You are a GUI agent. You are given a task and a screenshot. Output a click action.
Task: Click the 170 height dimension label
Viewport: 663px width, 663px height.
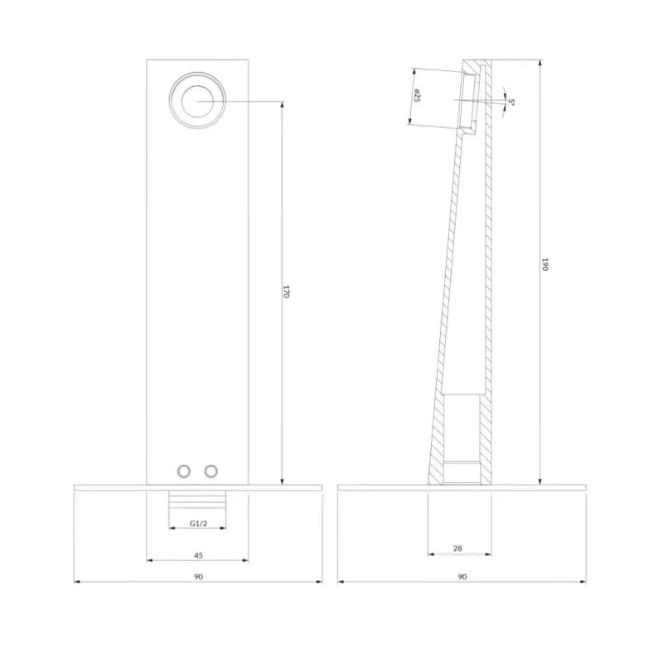click(x=286, y=292)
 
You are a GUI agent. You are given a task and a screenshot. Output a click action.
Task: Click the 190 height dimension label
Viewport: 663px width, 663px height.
click(x=544, y=264)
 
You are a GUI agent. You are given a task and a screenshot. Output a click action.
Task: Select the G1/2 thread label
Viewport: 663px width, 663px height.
click(x=198, y=524)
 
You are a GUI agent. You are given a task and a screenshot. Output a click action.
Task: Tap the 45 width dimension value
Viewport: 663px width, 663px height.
click(x=198, y=555)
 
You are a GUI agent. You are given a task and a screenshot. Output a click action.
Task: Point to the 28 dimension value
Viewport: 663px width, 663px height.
click(x=457, y=549)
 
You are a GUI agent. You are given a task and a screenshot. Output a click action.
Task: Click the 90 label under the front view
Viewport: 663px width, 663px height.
click(x=198, y=577)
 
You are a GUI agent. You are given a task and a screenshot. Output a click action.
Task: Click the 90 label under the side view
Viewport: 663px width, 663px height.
click(x=462, y=577)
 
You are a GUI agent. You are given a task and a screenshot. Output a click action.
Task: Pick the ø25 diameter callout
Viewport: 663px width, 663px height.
click(x=417, y=95)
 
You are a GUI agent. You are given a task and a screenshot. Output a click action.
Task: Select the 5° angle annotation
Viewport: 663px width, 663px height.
click(x=511, y=102)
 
